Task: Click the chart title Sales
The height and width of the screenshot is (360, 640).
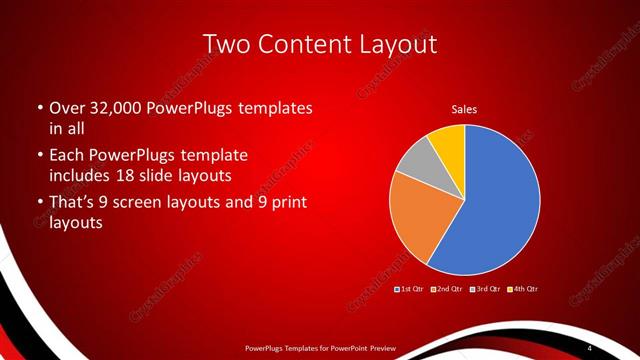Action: pos(464,108)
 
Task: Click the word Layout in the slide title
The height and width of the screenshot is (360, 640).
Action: pos(401,45)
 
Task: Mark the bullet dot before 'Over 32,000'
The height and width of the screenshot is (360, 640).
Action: pos(39,107)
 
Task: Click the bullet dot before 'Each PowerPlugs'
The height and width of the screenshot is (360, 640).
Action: pos(39,156)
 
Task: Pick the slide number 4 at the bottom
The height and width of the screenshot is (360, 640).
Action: pos(590,347)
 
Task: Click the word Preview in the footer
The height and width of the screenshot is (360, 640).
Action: pos(381,347)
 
